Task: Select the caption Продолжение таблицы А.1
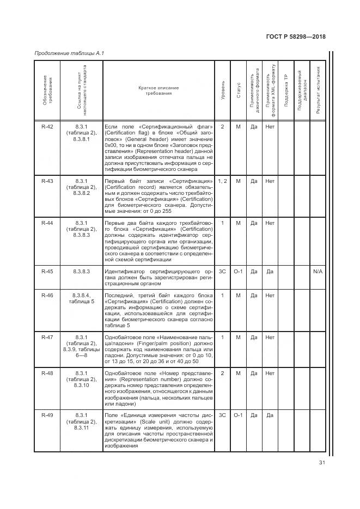coord(69,53)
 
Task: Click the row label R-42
coord(47,127)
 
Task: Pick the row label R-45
coord(47,271)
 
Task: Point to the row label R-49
coord(47,415)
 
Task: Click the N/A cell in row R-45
coord(318,271)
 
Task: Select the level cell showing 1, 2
coord(223,181)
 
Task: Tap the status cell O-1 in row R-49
coord(238,415)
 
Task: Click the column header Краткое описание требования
coord(158,90)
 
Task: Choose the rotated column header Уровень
coord(223,90)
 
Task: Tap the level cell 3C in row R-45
coord(222,271)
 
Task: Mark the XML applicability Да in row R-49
coord(270,415)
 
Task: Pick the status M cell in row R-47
coord(238,338)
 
